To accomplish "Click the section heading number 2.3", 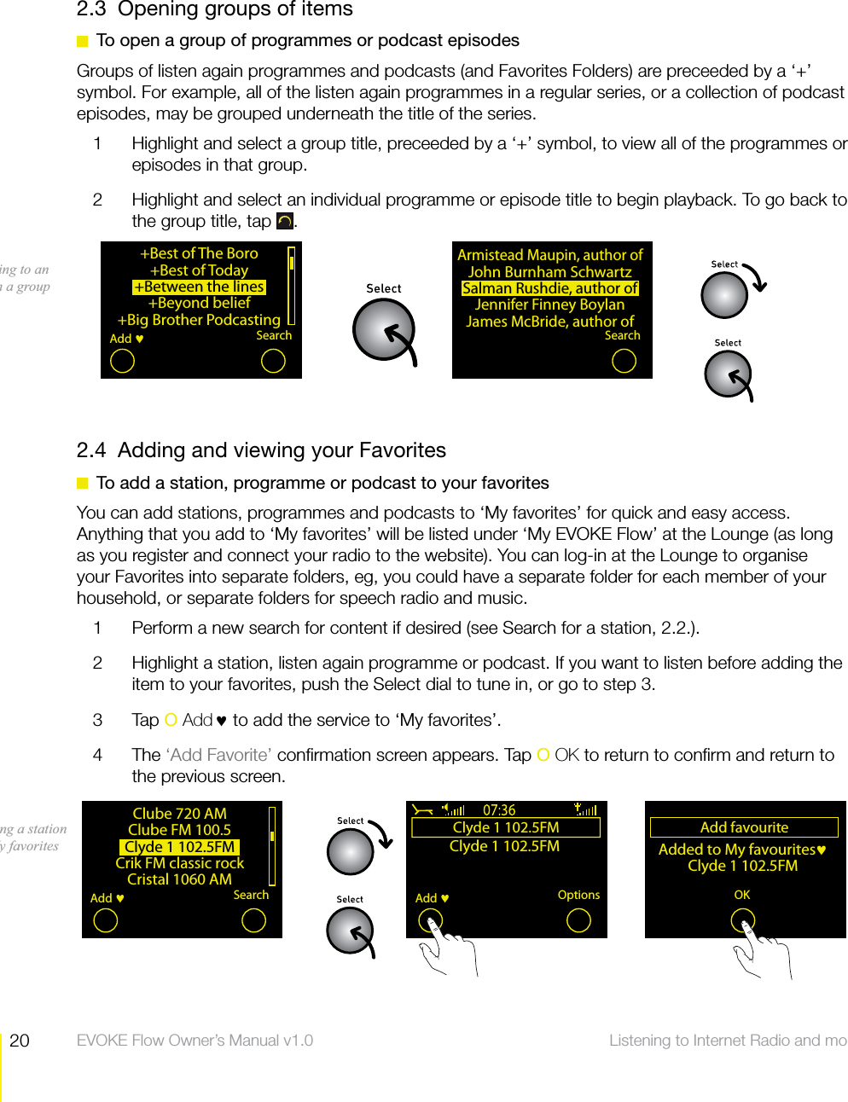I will tap(91, 9).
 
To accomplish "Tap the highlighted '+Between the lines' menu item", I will tap(199, 287).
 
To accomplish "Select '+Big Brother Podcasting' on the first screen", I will tap(199, 320).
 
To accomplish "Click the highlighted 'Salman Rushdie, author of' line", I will tap(550, 288).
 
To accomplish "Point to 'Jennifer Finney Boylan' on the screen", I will tap(549, 304).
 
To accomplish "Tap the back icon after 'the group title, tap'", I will tap(285, 222).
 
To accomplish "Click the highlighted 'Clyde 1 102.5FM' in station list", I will tap(179, 847).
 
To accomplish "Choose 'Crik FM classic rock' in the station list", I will tap(179, 863).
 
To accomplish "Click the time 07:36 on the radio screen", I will tap(499, 810).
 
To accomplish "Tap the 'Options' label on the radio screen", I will tap(578, 895).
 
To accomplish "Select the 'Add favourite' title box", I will tap(744, 827).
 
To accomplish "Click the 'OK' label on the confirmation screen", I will tap(742, 895).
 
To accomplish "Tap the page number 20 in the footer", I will tap(20, 1041).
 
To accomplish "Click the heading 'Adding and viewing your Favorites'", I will tap(282, 450).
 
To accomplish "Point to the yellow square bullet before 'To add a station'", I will tap(83, 484).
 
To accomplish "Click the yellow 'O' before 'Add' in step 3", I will tap(171, 721).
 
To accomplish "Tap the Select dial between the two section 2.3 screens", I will tap(384, 331).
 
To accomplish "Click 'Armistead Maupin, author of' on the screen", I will tap(550, 255).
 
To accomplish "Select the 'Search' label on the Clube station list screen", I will tap(251, 895).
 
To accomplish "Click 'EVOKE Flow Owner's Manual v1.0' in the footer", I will tap(195, 1041).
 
